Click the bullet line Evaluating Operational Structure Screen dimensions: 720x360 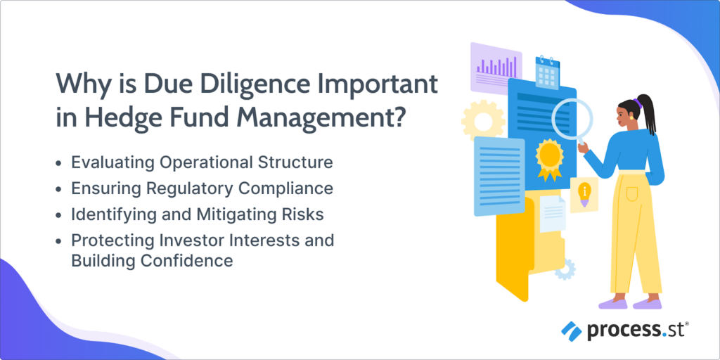click(202, 163)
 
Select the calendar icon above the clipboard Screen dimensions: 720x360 click(547, 72)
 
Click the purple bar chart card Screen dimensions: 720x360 click(496, 67)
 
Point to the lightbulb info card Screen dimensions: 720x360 click(584, 195)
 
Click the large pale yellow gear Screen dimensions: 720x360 click(482, 121)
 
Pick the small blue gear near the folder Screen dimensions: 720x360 click(565, 269)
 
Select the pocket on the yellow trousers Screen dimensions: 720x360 click(632, 192)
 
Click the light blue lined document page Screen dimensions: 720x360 click(499, 176)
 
